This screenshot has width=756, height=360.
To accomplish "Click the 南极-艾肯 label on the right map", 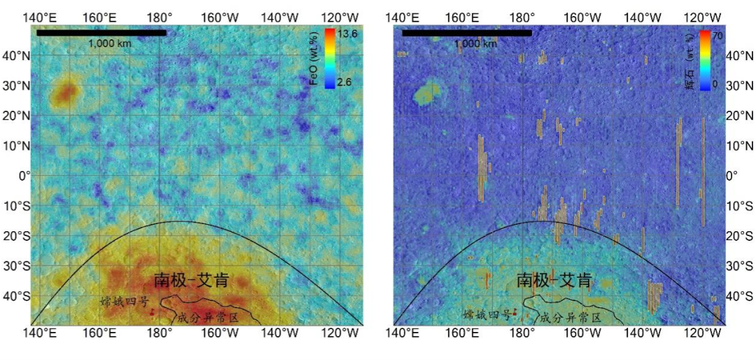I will [554, 280].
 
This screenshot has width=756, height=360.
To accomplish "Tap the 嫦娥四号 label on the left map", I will [125, 302].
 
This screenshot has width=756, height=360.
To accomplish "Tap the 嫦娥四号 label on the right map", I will [487, 314].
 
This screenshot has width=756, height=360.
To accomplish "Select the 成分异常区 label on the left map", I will [209, 317].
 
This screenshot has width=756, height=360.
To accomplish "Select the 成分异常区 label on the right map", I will [571, 317].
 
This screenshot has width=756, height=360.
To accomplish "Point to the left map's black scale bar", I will [101, 32].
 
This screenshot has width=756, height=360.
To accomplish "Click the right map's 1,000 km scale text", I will [475, 43].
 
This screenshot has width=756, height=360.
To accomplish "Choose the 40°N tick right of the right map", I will [740, 55].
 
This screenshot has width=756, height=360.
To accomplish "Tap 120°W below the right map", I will [697, 333].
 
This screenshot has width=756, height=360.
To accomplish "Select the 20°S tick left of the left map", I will [17, 236].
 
